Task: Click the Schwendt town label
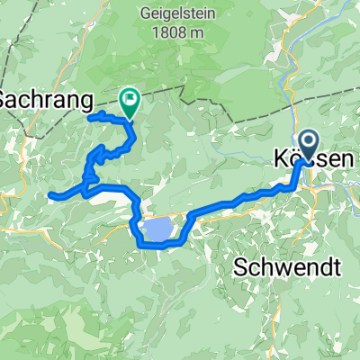coord(288,266)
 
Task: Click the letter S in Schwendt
coord(240,266)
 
